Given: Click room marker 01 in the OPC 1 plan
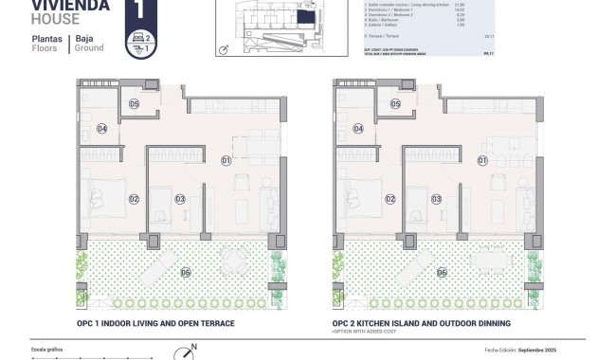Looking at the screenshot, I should [226, 160].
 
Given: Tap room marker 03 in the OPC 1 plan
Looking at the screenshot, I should [180, 199].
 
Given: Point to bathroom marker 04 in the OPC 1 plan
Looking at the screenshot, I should [101, 129].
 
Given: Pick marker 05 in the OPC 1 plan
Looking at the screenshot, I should [134, 103].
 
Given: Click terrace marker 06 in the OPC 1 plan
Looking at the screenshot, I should [185, 273].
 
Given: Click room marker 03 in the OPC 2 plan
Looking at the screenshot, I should [436, 199].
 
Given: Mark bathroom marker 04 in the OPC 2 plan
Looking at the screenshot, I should [357, 129].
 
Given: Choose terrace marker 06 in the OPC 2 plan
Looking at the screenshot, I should [441, 273].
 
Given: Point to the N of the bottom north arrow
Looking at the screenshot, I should [193, 347].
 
